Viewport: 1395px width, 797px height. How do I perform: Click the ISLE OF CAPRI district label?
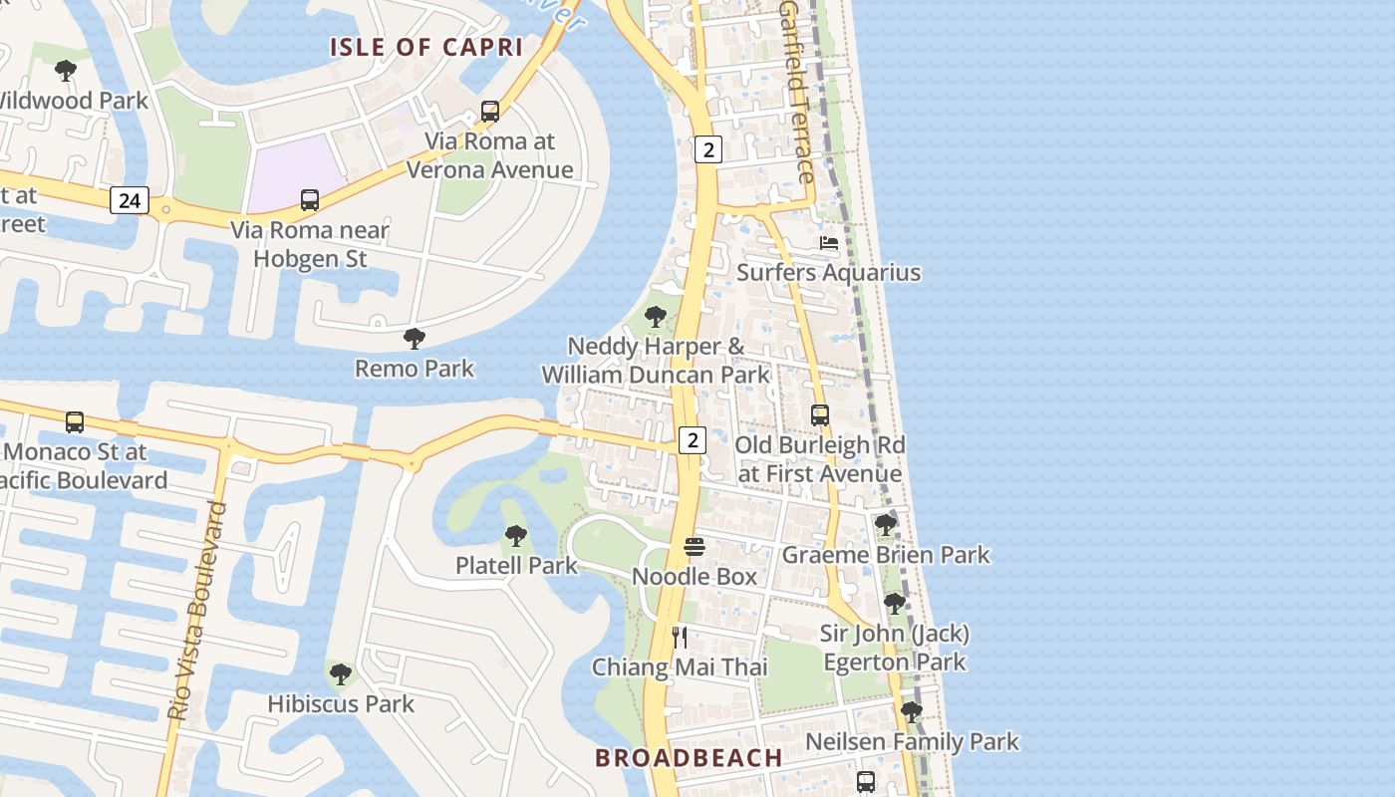426,47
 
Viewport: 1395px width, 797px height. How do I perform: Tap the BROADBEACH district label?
689,757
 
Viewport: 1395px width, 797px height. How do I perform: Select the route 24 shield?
129,200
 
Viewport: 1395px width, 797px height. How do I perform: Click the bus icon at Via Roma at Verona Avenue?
490,112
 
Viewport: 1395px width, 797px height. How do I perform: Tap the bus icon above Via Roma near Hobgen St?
310,200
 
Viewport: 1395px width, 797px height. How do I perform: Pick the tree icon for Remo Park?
415,339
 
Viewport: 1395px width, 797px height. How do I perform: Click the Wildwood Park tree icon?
66,71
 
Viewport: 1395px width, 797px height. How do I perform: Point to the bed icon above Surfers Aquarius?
829,243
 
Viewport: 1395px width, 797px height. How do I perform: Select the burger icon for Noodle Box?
695,547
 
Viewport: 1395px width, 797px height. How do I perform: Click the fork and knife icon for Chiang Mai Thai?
680,638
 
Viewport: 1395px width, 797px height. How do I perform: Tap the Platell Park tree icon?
516,536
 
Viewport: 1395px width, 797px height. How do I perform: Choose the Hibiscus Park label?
341,703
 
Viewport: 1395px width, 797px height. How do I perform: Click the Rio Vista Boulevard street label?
199,612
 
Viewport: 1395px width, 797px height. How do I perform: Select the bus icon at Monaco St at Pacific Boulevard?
75,422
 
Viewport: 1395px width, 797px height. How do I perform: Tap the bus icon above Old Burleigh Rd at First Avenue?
820,415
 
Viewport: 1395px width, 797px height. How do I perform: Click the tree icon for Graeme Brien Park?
885,524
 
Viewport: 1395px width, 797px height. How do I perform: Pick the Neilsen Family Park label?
912,741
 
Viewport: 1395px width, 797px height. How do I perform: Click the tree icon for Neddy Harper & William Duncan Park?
656,318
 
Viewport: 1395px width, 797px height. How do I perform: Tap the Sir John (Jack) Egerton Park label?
894,648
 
